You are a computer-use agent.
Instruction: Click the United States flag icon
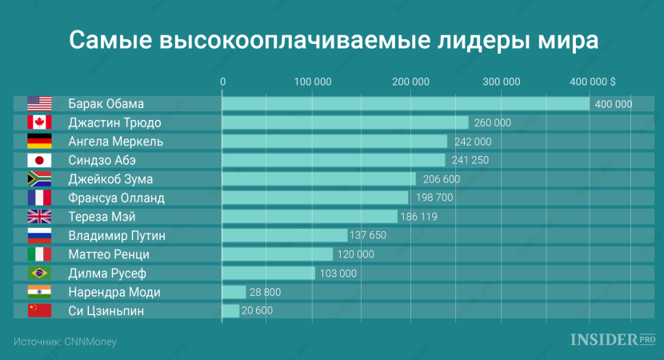click(x=39, y=103)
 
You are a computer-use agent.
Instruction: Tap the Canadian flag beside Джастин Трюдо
click(x=39, y=122)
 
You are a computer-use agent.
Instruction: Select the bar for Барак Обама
click(x=406, y=104)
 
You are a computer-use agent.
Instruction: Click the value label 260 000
click(x=492, y=122)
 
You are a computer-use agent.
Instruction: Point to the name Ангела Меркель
click(x=115, y=142)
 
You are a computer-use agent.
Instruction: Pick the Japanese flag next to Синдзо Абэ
click(x=39, y=160)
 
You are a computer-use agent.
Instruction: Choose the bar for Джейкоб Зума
click(x=319, y=179)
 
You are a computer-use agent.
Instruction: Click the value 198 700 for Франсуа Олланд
click(x=434, y=198)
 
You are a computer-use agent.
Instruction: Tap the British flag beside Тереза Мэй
click(x=39, y=216)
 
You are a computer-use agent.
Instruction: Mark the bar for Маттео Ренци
click(x=277, y=254)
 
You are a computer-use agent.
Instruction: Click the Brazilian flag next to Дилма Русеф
click(x=39, y=273)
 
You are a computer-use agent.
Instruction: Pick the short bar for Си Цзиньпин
click(x=230, y=310)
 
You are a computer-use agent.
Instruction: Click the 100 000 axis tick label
click(x=313, y=82)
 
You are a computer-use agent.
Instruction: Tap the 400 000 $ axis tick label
click(x=591, y=82)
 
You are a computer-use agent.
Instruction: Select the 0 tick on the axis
click(x=222, y=82)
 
